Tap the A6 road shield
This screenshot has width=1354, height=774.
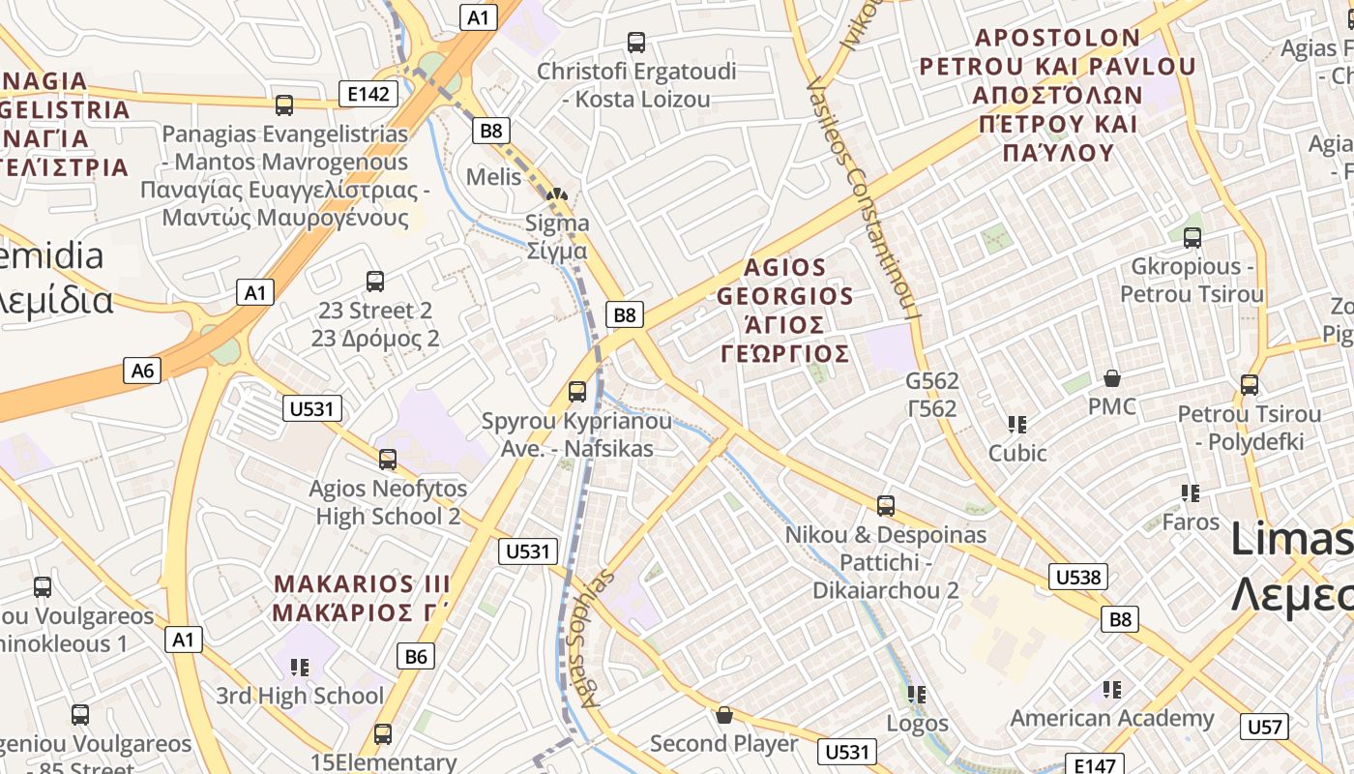142,370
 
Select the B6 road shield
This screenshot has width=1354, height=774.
415,657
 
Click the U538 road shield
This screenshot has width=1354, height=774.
1077,578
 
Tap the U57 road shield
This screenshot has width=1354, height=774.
1264,727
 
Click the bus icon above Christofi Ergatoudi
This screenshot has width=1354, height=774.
635,43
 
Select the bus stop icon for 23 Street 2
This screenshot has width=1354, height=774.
375,282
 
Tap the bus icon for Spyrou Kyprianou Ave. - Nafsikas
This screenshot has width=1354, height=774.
577,392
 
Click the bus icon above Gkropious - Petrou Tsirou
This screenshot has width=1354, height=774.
1192,237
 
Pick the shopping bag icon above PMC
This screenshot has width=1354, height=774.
1112,377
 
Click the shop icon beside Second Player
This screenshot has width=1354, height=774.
723,715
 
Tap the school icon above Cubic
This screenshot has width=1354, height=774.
1016,424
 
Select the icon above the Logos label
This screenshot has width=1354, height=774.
917,694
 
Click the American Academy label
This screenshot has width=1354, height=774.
1112,718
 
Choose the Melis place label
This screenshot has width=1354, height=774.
493,177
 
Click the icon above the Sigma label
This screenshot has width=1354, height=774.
556,193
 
